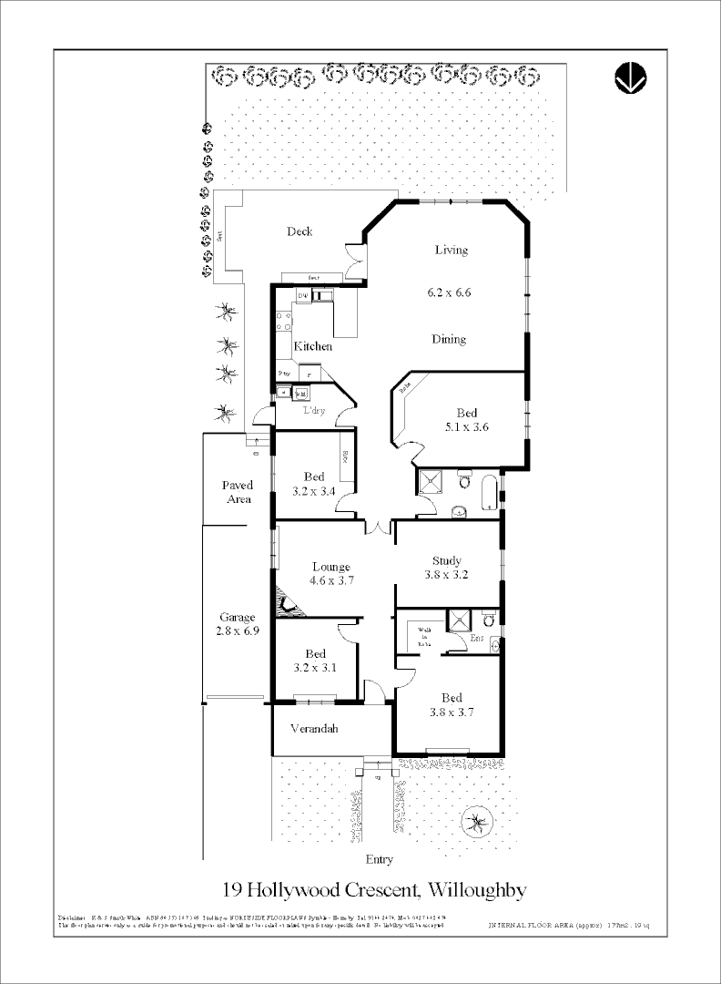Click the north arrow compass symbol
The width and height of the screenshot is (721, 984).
click(630, 78)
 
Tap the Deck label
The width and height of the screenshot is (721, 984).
click(300, 231)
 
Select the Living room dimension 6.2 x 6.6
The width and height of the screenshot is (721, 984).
click(450, 293)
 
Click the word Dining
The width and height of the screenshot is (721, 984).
click(449, 339)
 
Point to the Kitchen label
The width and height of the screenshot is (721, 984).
click(312, 346)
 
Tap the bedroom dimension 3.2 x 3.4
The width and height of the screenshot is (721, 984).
click(314, 491)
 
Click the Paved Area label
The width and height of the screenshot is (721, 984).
click(238, 492)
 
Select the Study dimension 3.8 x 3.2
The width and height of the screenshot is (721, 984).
click(447, 575)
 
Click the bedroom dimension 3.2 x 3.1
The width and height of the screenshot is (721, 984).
click(315, 668)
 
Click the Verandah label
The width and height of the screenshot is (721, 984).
click(314, 729)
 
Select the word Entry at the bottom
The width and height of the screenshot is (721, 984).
click(379, 859)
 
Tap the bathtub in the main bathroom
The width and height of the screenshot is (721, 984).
click(488, 493)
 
